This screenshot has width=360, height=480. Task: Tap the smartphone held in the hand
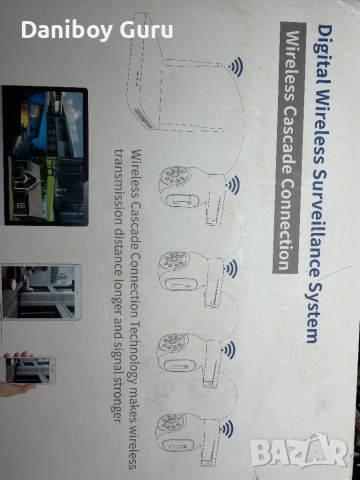(29, 369)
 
